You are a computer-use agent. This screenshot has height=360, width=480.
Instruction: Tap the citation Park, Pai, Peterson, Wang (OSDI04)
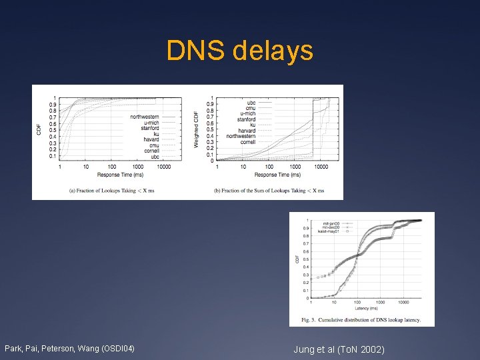[69, 349]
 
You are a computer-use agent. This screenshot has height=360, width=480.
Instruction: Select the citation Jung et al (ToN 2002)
[339, 349]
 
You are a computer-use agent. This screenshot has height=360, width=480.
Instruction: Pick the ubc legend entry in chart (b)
[251, 103]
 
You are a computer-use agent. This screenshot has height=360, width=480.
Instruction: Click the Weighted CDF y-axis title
[196, 129]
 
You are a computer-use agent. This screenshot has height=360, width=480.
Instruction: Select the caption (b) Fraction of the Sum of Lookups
[269, 190]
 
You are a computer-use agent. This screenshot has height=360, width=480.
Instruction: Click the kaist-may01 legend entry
[331, 231]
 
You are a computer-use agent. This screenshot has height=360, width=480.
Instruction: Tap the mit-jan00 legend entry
[333, 223]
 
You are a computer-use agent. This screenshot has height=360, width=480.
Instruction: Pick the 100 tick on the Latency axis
[357, 303]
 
